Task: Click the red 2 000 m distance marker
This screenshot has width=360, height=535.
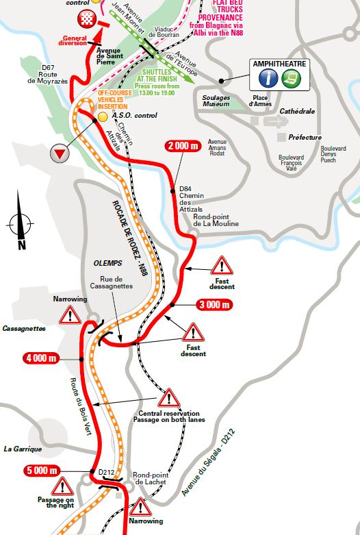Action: pyautogui.click(x=185, y=146)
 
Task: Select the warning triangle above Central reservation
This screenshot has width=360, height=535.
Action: pyautogui.click(x=168, y=398)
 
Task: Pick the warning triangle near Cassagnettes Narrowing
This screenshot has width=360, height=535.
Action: pyautogui.click(x=70, y=314)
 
